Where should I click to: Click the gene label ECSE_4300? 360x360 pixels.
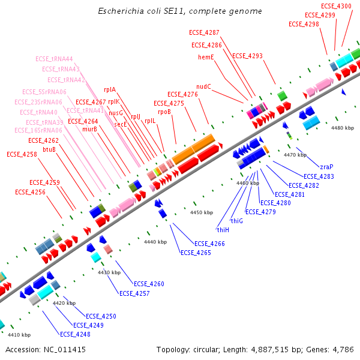point(336,6)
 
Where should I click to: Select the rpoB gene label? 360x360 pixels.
point(164,112)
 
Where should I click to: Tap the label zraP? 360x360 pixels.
point(326,167)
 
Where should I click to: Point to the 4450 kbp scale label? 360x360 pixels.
point(202,212)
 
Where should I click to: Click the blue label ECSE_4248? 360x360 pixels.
point(75,334)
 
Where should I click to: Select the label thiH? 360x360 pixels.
point(223,229)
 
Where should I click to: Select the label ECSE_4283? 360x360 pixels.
point(319,176)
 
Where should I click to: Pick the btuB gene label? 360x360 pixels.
point(50,149)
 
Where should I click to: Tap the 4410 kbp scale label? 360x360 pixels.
point(18,334)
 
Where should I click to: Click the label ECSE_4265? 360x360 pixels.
point(196,253)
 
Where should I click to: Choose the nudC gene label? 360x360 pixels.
point(204,86)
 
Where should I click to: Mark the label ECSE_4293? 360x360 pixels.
point(247,56)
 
